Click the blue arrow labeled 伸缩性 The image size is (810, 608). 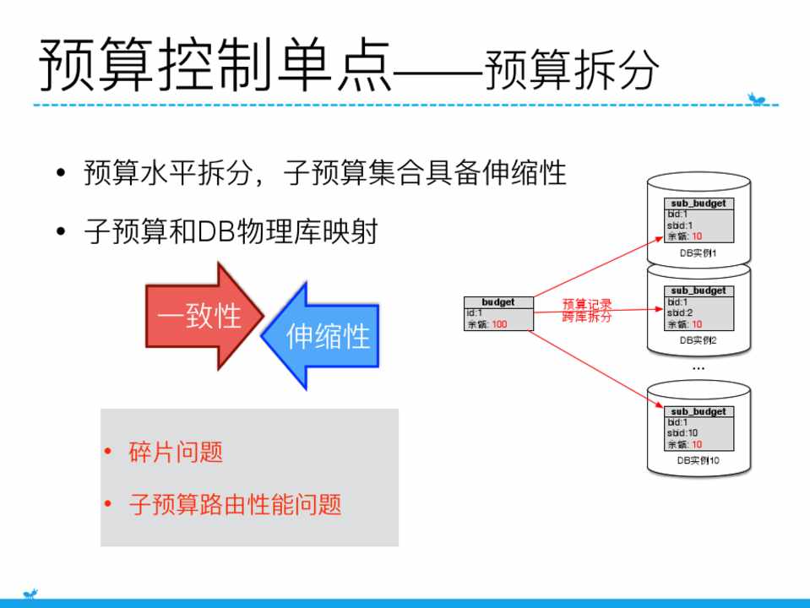pos(325,335)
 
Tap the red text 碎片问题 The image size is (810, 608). pos(176,452)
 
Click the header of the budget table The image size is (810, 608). pos(498,302)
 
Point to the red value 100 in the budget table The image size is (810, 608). pos(499,324)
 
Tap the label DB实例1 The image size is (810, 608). pos(698,252)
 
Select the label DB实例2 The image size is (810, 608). pos(698,340)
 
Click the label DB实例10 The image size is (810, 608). pos(698,461)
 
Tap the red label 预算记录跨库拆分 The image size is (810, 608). pos(587,310)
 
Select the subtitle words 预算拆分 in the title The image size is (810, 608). pos(571,72)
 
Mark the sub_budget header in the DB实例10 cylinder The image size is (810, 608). pos(698,411)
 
